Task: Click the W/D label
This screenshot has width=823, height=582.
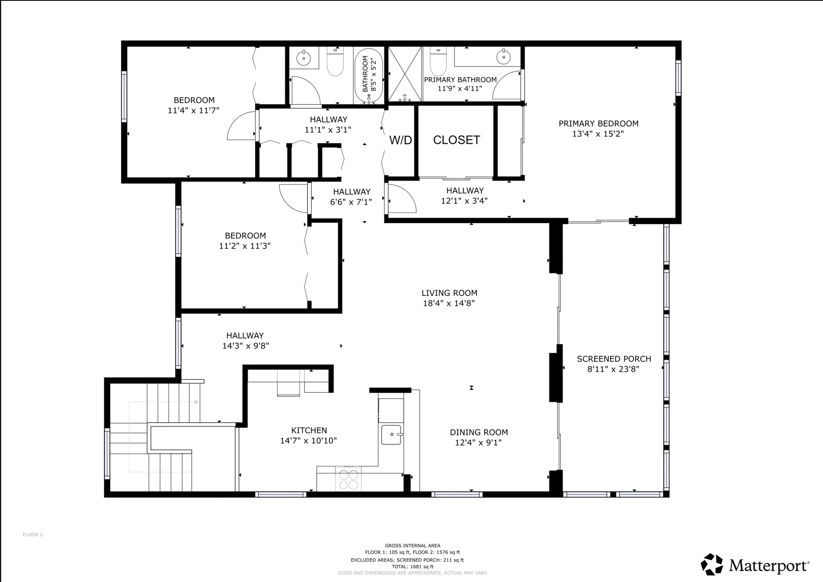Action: pyautogui.click(x=400, y=140)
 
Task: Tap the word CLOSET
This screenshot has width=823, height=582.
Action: pyautogui.click(x=456, y=140)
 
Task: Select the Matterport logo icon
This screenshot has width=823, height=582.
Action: pyautogui.click(x=711, y=564)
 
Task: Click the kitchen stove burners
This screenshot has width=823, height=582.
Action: pyautogui.click(x=348, y=480)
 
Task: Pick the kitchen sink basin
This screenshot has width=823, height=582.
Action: pyautogui.click(x=391, y=435)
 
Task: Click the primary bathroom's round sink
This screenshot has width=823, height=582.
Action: pyautogui.click(x=503, y=57)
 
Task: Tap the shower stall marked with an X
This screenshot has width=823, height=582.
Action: pyautogui.click(x=405, y=74)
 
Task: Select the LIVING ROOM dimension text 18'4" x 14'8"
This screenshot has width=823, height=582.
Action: pyautogui.click(x=449, y=303)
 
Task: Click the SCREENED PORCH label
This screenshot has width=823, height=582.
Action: pyautogui.click(x=614, y=359)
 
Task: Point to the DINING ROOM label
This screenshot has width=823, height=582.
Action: pyautogui.click(x=479, y=432)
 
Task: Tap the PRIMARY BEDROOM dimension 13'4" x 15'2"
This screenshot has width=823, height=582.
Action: pyautogui.click(x=598, y=134)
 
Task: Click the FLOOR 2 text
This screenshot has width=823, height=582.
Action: pyautogui.click(x=33, y=535)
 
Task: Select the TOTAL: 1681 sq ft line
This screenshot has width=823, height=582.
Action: pyautogui.click(x=412, y=567)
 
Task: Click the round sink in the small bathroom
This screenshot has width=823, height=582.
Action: pyautogui.click(x=304, y=58)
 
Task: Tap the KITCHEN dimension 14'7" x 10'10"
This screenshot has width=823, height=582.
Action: pyautogui.click(x=308, y=441)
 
